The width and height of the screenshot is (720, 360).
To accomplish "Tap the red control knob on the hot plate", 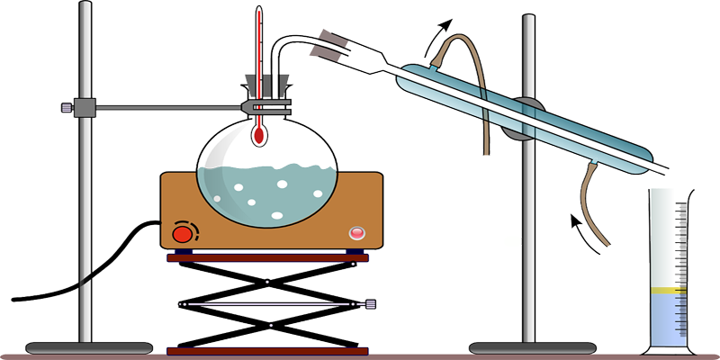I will [183, 234].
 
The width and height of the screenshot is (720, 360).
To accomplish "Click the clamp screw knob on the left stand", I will [67, 109].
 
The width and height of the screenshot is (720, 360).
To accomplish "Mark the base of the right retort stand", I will [526, 346].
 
